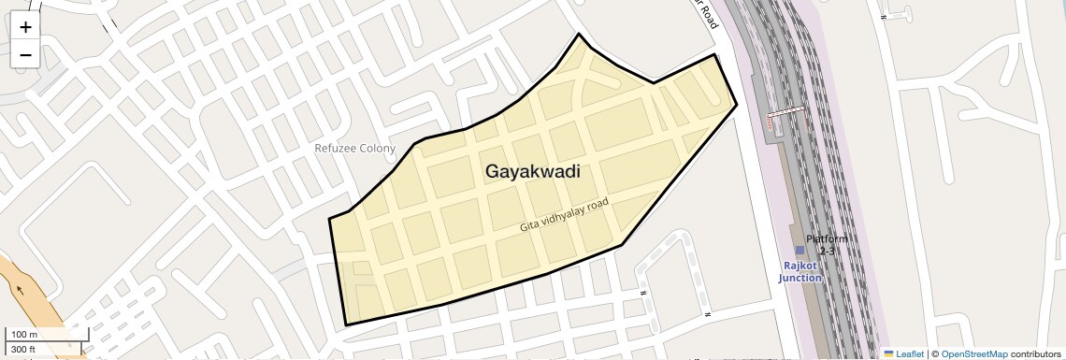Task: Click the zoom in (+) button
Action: [x=25, y=27]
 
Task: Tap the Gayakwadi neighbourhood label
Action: [x=532, y=172]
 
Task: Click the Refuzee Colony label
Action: [x=354, y=148]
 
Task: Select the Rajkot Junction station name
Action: [x=800, y=271]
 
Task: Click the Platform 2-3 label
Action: [x=827, y=245]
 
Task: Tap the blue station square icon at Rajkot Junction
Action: [x=799, y=251]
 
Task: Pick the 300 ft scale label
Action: [x=23, y=350]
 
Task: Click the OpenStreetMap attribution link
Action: [x=974, y=353]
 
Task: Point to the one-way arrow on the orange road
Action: [x=19, y=289]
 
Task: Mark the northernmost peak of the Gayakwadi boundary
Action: [x=580, y=35]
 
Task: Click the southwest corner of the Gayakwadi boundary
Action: [x=346, y=324]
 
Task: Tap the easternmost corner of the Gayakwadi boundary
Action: [x=737, y=104]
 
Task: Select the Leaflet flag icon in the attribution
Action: [x=888, y=353]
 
